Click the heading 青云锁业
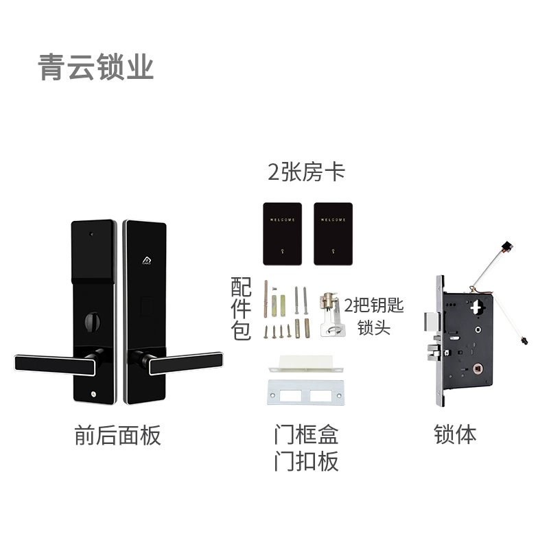(95, 67)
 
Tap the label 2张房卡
(306, 172)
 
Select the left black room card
(282, 233)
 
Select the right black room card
(333, 233)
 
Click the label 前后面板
(117, 435)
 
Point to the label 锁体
(455, 434)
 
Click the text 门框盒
(306, 434)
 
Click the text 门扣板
(306, 460)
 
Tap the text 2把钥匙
(374, 305)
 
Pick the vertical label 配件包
(241, 308)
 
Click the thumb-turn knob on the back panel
(93, 321)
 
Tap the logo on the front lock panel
(147, 260)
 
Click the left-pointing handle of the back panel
(56, 364)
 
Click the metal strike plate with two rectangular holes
(305, 392)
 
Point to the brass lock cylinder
(328, 301)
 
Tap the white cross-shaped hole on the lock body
(476, 307)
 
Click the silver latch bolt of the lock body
(431, 322)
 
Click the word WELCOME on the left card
(282, 220)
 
